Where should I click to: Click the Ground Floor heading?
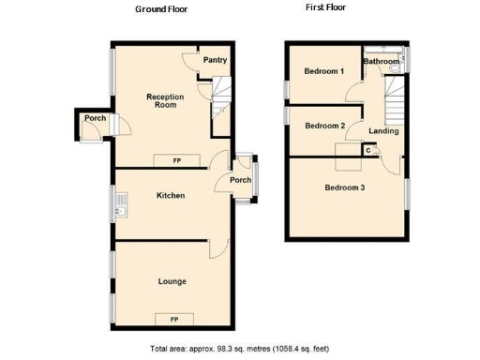[x=160, y=8]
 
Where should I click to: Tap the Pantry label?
[x=215, y=61]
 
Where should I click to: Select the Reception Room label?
[x=164, y=100]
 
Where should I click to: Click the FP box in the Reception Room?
[x=176, y=160]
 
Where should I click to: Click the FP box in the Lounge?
[x=174, y=320]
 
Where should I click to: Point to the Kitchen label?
[x=170, y=196]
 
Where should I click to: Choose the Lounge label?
[x=172, y=281]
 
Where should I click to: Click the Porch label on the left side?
[x=95, y=119]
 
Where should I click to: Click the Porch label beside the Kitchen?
[x=240, y=181]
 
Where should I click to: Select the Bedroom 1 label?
[x=324, y=72]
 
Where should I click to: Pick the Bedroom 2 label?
[x=325, y=126]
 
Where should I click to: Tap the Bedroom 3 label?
[x=345, y=187]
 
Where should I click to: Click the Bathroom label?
[x=382, y=62]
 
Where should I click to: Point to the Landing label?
[x=383, y=131]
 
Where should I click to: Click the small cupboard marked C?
[x=368, y=150]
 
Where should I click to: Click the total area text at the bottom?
[x=240, y=349]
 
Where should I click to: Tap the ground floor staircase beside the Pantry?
[x=219, y=93]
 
